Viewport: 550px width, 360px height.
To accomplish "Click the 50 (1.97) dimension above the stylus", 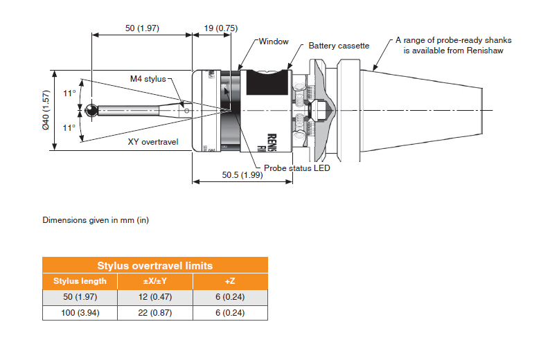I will tap(142, 28).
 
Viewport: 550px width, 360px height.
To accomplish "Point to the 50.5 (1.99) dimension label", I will tap(242, 175).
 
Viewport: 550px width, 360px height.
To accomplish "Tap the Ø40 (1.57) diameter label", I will tap(46, 110).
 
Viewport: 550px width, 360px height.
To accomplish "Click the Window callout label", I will tap(274, 42).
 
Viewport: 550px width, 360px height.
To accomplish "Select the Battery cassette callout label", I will tap(339, 46).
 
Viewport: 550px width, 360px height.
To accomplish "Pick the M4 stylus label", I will tap(148, 79).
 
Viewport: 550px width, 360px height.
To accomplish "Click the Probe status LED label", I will tap(297, 168).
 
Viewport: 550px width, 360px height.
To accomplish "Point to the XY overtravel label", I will tap(153, 142).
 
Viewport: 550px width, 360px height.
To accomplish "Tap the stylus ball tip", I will tap(93, 110).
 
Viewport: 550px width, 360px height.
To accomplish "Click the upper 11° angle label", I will tap(69, 93).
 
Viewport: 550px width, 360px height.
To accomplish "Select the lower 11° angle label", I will tap(69, 127).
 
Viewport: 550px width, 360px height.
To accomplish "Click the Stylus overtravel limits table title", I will tap(154, 265).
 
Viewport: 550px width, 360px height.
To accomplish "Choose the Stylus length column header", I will tap(80, 281).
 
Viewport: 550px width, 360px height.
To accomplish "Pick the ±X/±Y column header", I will tap(154, 281).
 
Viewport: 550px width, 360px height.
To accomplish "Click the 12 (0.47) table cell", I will tap(154, 297).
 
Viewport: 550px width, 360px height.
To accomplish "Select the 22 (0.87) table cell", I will tap(154, 313).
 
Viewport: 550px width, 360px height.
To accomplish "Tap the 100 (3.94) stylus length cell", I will tap(80, 313).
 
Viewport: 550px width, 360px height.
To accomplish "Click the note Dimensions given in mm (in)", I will tap(96, 221).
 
